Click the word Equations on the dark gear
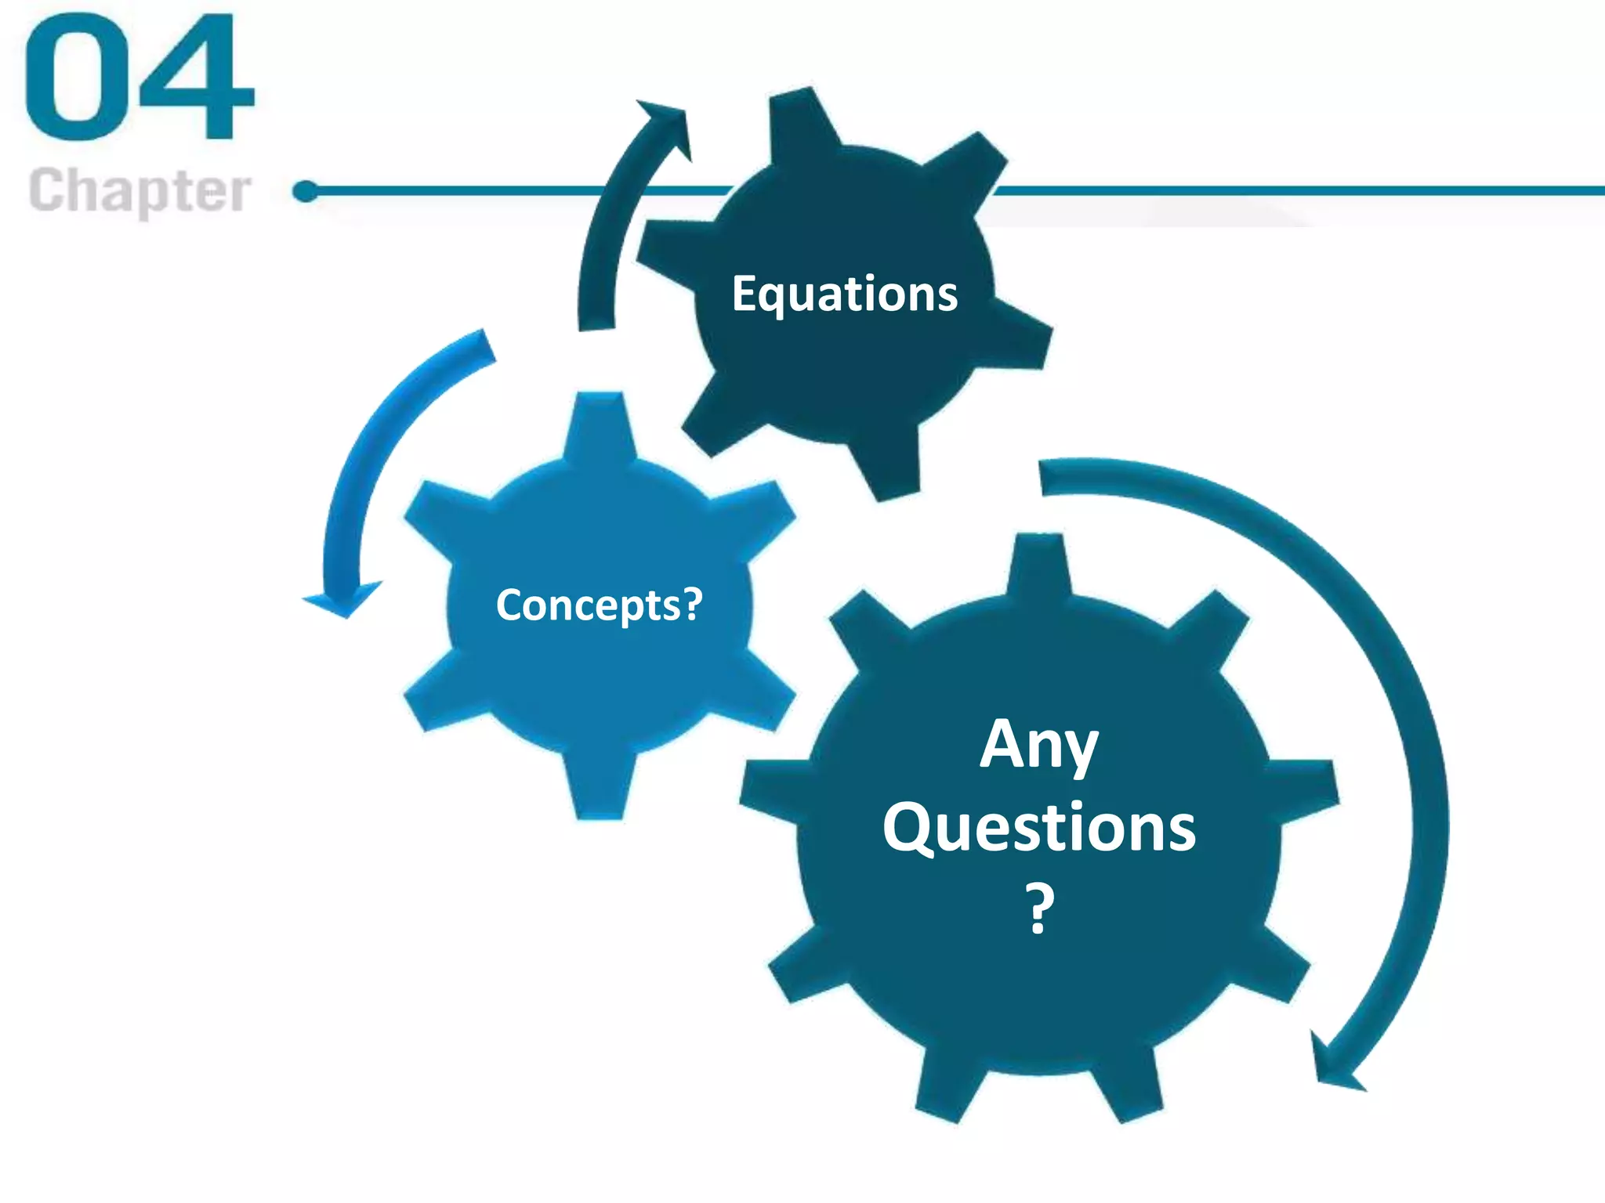[x=844, y=294]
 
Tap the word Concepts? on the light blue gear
[x=600, y=605]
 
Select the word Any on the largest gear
[x=1038, y=745]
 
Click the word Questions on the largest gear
[x=1039, y=829]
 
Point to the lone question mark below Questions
[x=1040, y=909]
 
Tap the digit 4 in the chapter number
[x=196, y=78]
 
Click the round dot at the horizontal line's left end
[x=306, y=191]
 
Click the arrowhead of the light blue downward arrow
[x=343, y=599]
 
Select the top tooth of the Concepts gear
[x=600, y=423]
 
